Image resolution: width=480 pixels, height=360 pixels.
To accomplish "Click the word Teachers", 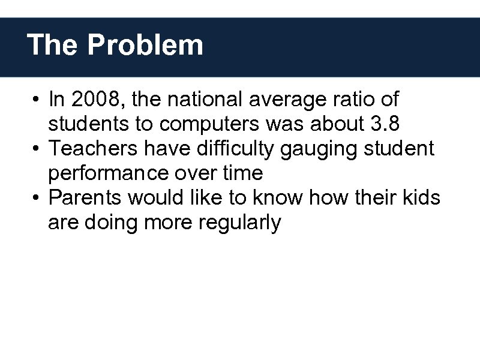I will click(90, 148).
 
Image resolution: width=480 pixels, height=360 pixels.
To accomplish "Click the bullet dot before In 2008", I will click(37, 99).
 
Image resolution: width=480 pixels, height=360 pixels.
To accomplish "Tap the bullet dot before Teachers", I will click(37, 149).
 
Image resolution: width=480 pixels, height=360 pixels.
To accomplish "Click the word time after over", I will click(241, 173).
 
